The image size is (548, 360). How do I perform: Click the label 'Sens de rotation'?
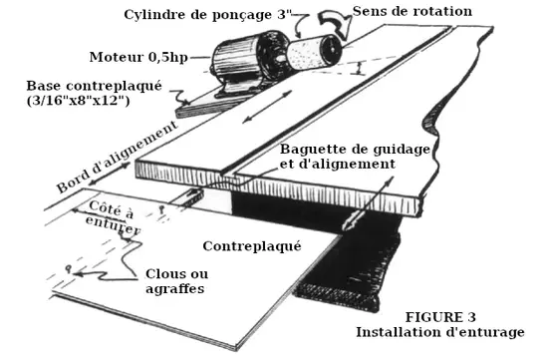[x=412, y=11]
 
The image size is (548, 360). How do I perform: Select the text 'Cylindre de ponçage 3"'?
[x=208, y=15]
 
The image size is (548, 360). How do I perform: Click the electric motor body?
[x=245, y=56]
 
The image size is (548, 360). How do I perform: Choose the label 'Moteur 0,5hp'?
[x=138, y=57]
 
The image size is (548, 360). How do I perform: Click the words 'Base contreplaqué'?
[x=95, y=86]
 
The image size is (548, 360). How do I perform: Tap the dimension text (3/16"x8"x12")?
[x=79, y=101]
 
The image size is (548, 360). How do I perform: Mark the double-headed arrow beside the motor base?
[x=267, y=107]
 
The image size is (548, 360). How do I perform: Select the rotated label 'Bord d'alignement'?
[x=118, y=156]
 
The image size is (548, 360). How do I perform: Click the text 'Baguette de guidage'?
[x=355, y=150]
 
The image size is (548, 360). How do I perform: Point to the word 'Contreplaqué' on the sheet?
[x=252, y=246]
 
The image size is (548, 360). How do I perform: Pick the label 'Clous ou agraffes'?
[x=176, y=281]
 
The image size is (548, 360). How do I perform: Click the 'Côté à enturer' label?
[x=112, y=217]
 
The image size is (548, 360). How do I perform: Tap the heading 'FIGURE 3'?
[x=440, y=317]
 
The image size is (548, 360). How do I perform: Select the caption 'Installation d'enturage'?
[x=440, y=332]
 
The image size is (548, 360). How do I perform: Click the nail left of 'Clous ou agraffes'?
[x=69, y=269]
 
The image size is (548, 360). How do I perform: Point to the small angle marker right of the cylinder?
[x=359, y=68]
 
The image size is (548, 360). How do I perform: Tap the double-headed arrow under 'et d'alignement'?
[x=368, y=203]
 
